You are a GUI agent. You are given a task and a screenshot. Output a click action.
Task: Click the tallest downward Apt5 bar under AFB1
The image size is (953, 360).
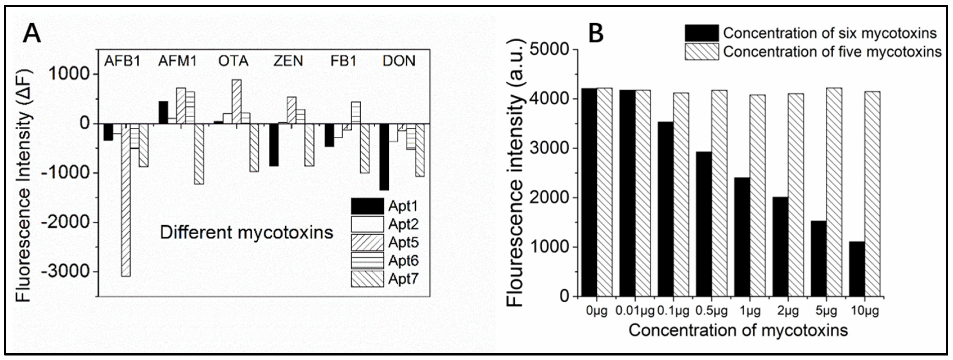126,200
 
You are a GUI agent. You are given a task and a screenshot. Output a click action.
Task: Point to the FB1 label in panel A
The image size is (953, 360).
343,61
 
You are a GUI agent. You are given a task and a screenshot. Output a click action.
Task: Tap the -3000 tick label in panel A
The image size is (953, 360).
66,272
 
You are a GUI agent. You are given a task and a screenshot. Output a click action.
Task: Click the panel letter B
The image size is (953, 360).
596,33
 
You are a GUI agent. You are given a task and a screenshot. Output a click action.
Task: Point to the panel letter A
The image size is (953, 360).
32,35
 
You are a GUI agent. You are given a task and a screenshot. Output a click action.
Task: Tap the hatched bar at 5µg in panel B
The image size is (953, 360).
834,192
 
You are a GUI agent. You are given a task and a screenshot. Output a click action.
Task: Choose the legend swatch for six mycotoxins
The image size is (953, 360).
701,33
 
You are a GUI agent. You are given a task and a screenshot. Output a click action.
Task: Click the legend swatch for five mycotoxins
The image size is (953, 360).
701,51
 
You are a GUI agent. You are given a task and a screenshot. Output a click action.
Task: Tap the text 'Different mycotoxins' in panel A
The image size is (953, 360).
246,233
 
